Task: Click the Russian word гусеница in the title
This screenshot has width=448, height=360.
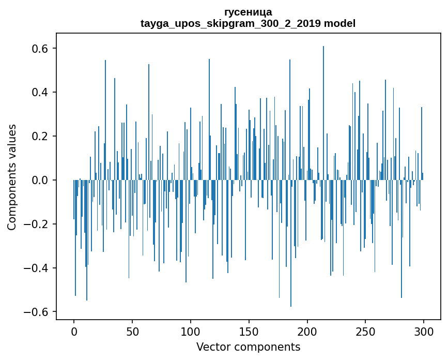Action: coord(248,12)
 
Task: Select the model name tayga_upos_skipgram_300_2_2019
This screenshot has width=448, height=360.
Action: coord(230,23)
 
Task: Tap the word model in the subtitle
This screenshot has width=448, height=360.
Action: coord(339,23)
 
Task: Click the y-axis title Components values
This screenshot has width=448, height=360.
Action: coord(12,177)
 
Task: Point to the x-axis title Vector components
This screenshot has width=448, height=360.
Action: coord(248,347)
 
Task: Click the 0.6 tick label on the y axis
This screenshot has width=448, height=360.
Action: coord(39,49)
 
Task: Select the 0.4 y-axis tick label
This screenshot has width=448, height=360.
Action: coord(39,93)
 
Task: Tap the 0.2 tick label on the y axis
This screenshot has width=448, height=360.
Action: coord(39,137)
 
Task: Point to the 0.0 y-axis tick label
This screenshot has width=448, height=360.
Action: coord(39,180)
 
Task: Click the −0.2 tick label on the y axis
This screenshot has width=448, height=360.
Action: coord(36,224)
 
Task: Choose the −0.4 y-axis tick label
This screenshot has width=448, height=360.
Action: coord(36,268)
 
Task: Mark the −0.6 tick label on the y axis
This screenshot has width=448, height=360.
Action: coord(36,312)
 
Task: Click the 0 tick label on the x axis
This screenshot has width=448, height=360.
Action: coord(74,332)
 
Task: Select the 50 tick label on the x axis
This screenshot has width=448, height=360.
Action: coord(132,332)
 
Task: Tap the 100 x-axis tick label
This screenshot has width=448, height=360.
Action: coord(191,332)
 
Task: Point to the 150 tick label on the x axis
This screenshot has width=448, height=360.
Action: coord(249,332)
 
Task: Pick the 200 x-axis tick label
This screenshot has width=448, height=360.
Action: coord(307,332)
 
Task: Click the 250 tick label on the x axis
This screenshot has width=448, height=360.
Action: coord(365,332)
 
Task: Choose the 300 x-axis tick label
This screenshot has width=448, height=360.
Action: coord(424,332)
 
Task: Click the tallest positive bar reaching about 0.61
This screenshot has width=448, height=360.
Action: coord(323,113)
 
